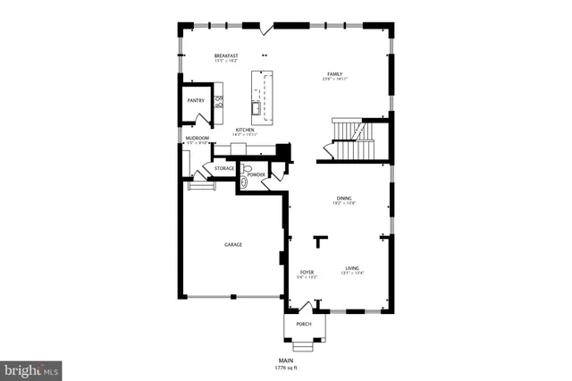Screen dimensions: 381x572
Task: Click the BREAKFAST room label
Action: (x=225, y=55)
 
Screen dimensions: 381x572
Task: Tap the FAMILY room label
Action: (x=334, y=74)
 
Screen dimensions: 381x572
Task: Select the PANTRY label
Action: (x=195, y=100)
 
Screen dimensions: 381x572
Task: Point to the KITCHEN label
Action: (x=244, y=130)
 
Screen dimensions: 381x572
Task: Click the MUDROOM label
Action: (x=197, y=138)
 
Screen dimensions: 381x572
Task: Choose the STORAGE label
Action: (x=224, y=167)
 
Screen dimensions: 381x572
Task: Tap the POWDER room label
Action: (x=257, y=174)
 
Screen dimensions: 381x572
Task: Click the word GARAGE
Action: (x=232, y=244)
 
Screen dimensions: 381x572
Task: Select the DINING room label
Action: (x=344, y=198)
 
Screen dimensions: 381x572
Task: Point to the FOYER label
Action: (x=306, y=271)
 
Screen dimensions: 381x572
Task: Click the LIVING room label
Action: (x=352, y=268)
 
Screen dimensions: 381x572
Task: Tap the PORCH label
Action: (x=304, y=324)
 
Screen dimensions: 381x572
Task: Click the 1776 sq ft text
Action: (x=286, y=368)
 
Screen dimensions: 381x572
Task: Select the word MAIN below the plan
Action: (x=286, y=360)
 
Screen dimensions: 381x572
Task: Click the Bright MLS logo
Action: (x=32, y=368)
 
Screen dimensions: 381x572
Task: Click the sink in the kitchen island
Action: (x=258, y=109)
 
